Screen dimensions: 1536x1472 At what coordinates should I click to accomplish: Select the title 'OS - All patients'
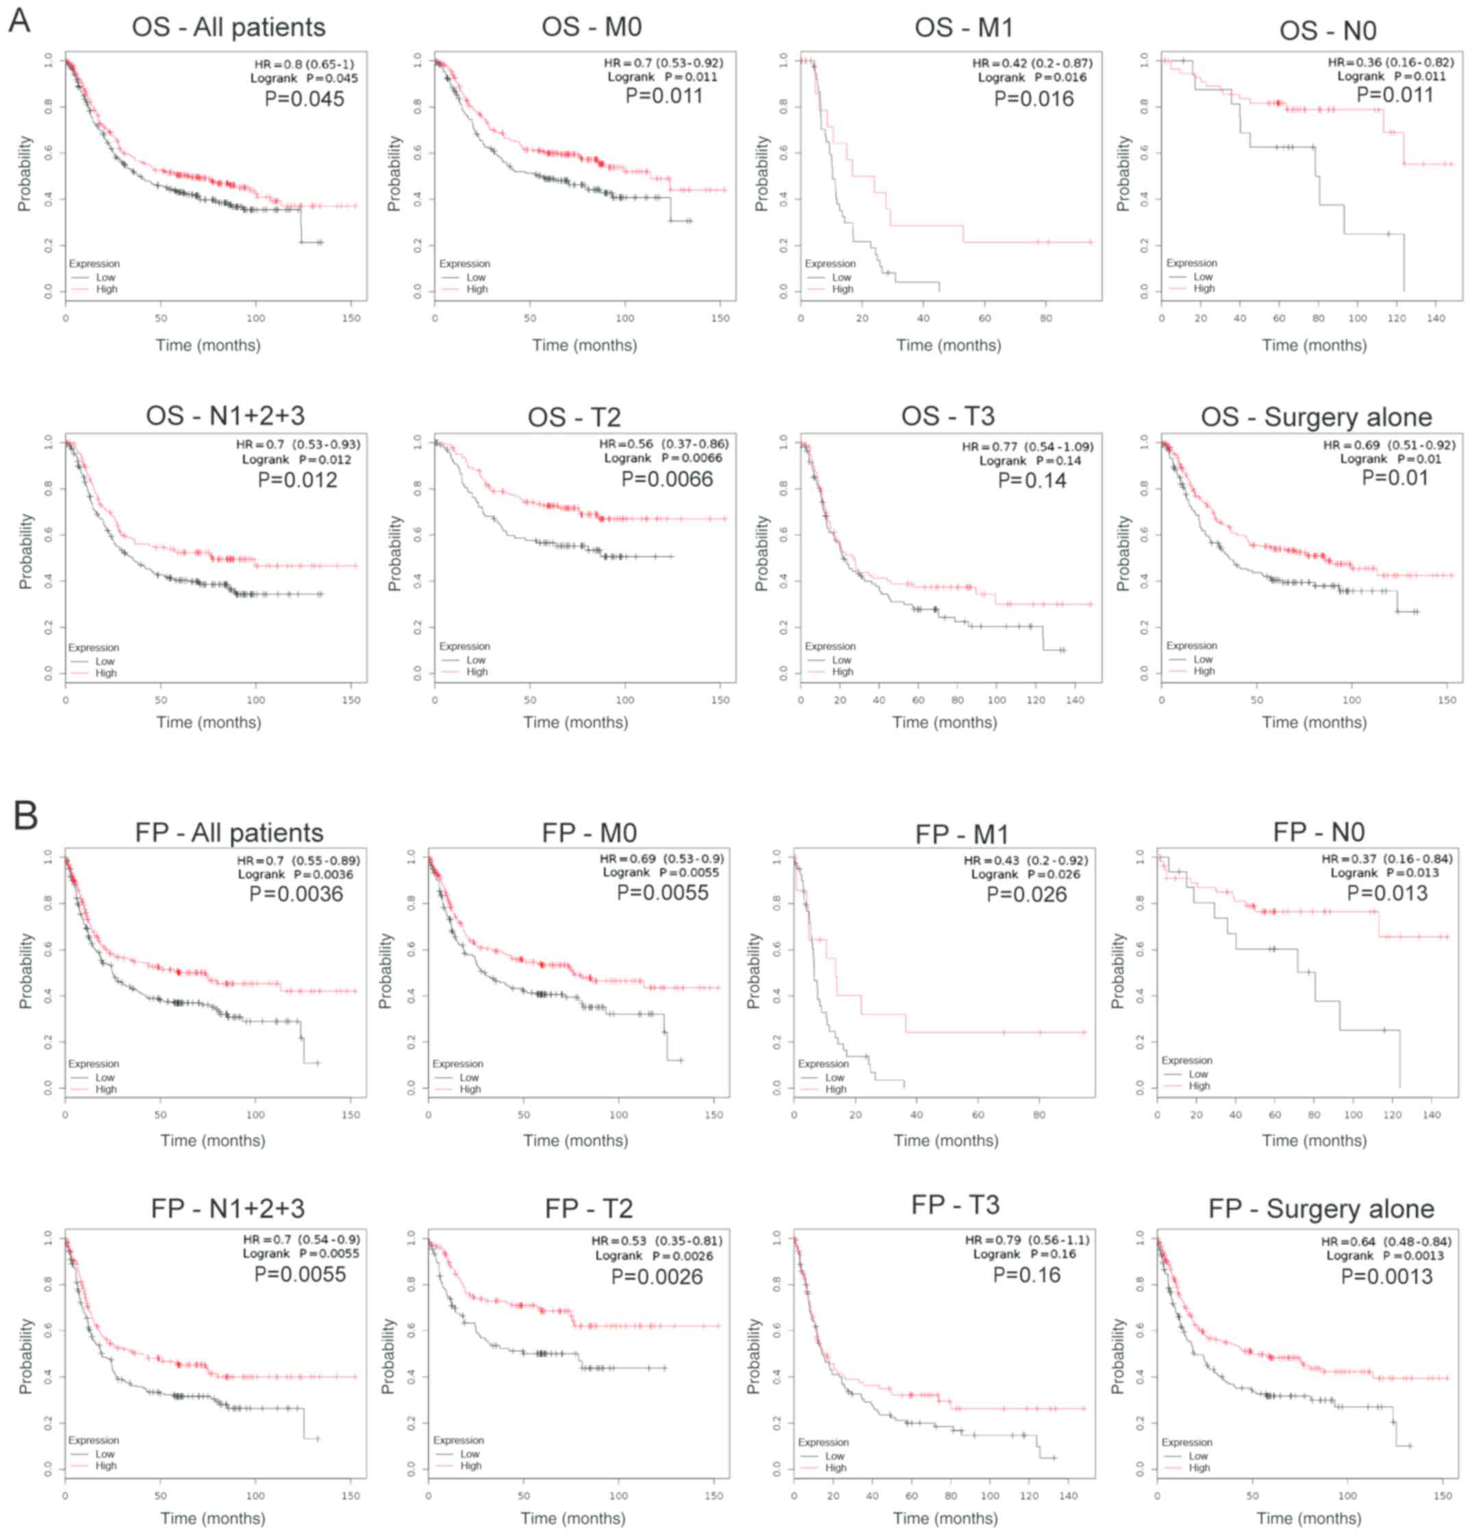coord(228,27)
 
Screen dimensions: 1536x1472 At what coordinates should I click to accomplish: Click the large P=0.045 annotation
coord(304,99)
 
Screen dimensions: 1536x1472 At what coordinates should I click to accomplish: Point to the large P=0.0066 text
coord(667,479)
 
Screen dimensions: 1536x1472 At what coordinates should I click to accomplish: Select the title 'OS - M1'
coord(963,27)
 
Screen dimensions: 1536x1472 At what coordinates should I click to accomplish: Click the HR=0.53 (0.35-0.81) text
coord(656,1240)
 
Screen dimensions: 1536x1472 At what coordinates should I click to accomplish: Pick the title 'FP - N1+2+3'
coord(227,1208)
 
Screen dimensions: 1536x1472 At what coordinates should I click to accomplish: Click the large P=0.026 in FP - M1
coord(1026,894)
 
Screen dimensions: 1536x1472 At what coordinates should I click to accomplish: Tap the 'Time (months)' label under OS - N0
coord(1314,345)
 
